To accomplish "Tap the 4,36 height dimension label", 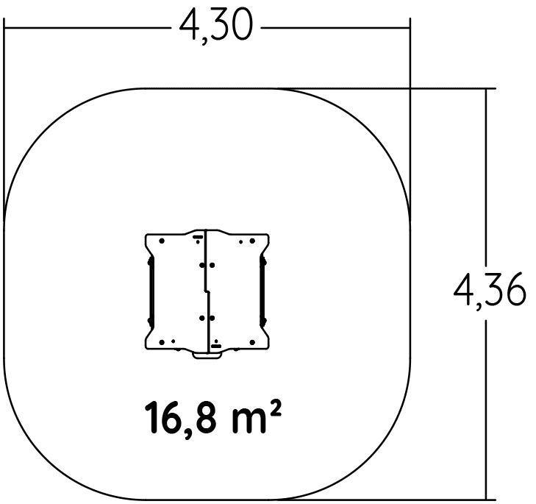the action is (x=490, y=289).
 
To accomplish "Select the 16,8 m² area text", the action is (x=213, y=419).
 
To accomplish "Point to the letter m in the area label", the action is (x=249, y=422).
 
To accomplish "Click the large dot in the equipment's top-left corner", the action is (x=162, y=241).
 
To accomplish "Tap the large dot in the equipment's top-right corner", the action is (x=252, y=241).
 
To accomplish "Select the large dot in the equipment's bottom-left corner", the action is (x=162, y=342).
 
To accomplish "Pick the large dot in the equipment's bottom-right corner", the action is (x=252, y=342).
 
